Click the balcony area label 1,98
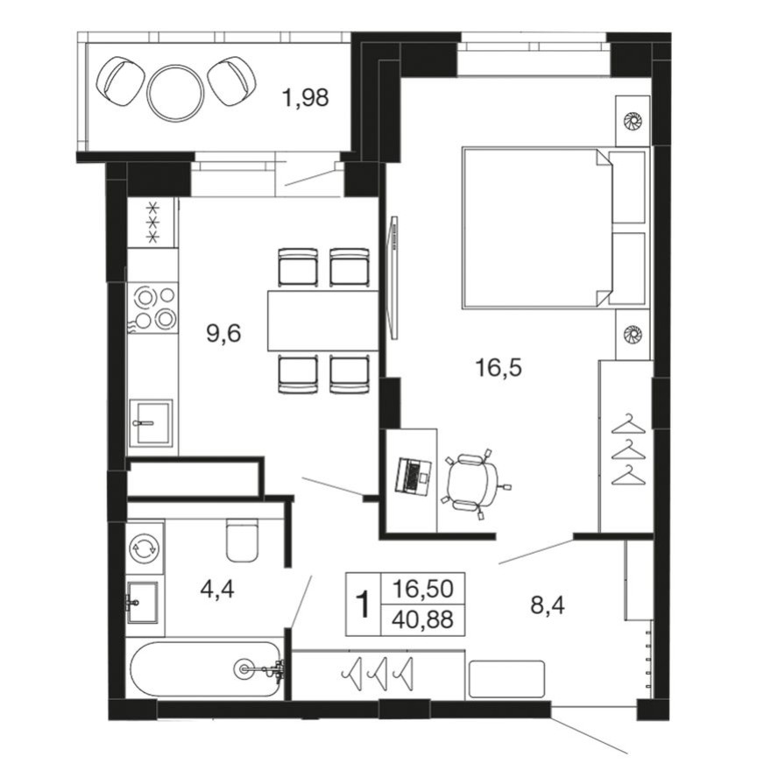[x=305, y=98]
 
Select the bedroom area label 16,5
[x=499, y=367]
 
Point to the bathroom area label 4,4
[x=217, y=589]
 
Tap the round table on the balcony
[x=175, y=91]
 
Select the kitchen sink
[x=150, y=424]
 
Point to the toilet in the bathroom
[x=241, y=539]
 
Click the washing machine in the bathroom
[x=144, y=549]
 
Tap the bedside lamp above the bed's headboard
[x=631, y=120]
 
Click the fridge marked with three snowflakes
[x=152, y=223]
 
